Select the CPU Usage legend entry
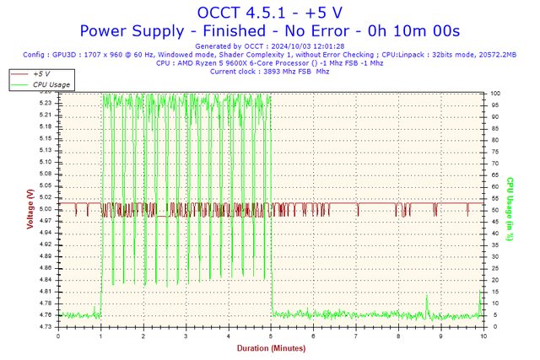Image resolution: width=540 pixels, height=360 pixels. (x=51, y=85)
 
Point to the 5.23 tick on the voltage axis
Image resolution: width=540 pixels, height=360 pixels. (x=46, y=104)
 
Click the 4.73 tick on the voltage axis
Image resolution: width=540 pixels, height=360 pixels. (x=46, y=326)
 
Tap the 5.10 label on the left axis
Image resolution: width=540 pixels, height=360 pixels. (x=46, y=162)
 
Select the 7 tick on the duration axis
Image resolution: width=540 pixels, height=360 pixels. (x=356, y=336)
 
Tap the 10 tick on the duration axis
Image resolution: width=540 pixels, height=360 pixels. (x=483, y=336)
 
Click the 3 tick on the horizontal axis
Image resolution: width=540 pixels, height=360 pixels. (x=186, y=336)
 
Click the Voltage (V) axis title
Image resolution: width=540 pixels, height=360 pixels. (x=30, y=210)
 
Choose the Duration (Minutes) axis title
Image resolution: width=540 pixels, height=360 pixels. (x=270, y=347)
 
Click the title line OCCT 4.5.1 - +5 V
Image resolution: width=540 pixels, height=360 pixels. (x=269, y=13)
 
